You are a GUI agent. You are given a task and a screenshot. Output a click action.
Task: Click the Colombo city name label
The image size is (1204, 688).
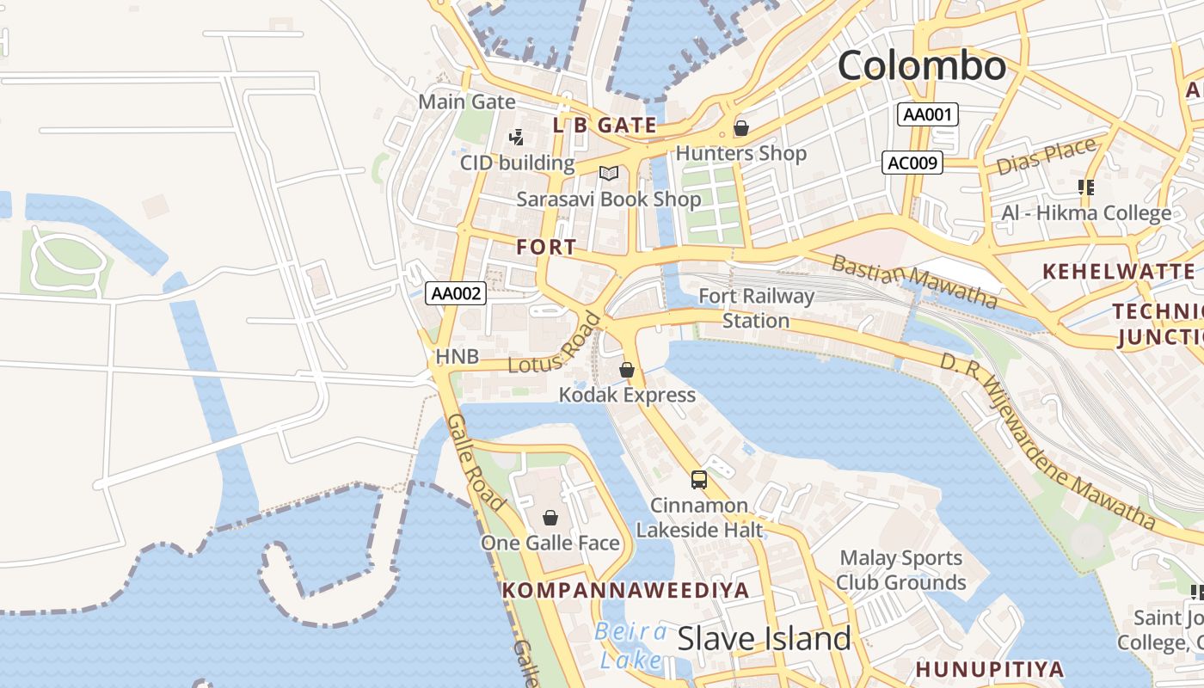(921, 66)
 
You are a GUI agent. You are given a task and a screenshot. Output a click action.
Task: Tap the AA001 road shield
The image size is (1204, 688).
(927, 114)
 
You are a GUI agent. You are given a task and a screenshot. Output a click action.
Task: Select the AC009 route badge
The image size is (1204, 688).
(912, 163)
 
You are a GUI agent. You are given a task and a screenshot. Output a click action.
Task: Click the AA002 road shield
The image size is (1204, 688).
(456, 293)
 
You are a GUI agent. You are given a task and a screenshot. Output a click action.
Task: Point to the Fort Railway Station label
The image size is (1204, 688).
(756, 308)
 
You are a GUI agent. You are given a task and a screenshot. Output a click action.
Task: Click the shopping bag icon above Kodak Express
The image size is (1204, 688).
(627, 370)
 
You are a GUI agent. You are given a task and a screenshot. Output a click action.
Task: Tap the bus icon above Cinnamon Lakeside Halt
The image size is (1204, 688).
(698, 480)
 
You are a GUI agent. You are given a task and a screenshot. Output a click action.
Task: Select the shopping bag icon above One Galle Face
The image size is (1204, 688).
(550, 518)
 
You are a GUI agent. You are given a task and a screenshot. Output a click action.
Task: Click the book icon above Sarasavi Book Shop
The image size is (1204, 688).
(609, 174)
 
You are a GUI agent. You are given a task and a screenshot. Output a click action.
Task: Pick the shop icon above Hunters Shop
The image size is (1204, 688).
(740, 129)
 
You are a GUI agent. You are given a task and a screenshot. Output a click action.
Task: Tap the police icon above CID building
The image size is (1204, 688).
(516, 137)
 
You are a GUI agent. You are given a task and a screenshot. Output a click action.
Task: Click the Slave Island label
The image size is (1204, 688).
(764, 639)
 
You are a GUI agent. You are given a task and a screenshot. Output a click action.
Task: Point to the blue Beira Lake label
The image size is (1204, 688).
(630, 646)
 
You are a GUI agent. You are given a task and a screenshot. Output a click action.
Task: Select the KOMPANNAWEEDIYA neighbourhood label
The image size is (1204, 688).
(626, 590)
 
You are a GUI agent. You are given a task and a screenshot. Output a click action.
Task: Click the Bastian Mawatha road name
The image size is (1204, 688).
(914, 281)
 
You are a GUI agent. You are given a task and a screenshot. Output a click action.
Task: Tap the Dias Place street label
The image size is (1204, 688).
(1047, 156)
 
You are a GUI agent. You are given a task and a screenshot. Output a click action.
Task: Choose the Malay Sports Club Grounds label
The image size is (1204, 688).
(900, 570)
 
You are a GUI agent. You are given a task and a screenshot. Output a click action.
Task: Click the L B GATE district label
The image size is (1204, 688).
(605, 126)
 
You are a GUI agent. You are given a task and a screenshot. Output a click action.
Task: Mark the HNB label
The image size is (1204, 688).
(457, 356)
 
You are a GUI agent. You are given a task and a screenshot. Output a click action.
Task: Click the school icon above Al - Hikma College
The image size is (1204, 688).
(1085, 187)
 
